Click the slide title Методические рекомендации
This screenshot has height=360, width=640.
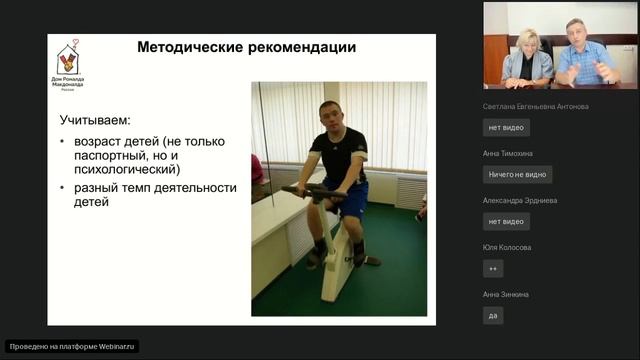point(246,48)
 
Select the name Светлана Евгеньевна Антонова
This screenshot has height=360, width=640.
point(535,106)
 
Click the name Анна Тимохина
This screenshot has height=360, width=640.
point(508,153)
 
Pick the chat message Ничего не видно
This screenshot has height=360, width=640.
point(517,174)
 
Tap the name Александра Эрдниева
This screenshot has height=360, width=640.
point(520,200)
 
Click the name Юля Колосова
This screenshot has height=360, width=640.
point(507,247)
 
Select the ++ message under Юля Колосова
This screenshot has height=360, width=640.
point(493,268)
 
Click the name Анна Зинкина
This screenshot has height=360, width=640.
point(505,294)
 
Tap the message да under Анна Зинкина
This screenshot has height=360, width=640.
point(493,315)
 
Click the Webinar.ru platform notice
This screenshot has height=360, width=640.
point(72,347)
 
